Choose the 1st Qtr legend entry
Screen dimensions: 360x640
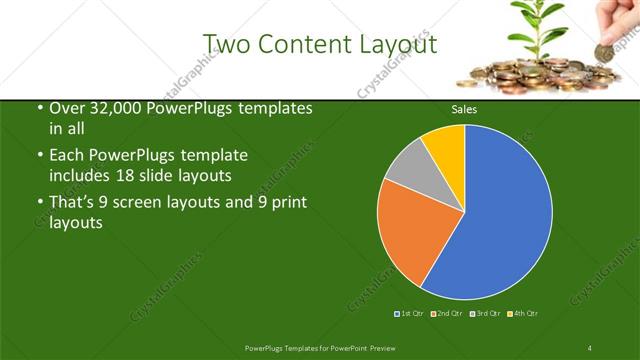(409, 314)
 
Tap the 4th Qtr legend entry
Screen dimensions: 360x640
(523, 314)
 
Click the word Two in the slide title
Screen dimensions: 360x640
(228, 44)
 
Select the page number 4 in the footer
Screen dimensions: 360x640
(590, 347)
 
